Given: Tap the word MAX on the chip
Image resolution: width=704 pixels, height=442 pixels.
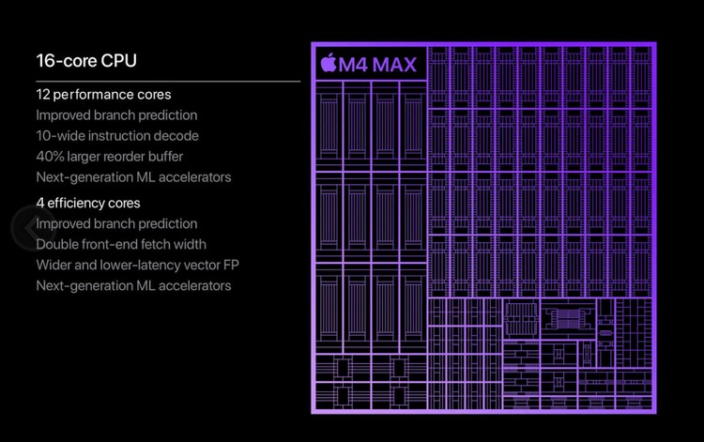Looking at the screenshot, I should click(x=393, y=65).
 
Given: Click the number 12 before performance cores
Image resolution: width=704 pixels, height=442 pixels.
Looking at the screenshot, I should click(x=43, y=95).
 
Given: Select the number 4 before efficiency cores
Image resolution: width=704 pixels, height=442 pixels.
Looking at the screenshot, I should click(x=40, y=203).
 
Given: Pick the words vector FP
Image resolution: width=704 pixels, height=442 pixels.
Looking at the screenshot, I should click(x=210, y=265).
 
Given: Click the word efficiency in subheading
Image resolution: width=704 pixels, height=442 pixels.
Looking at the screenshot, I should click(x=77, y=203).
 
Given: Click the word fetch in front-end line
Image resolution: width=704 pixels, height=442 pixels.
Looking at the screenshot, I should click(x=160, y=244).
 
